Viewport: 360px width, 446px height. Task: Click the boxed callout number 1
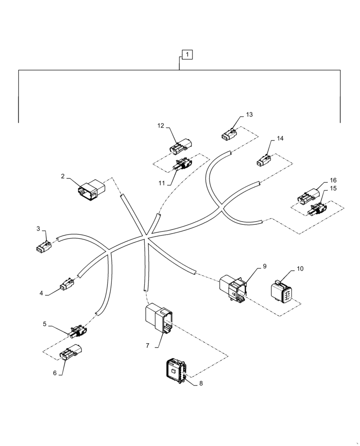(188, 55)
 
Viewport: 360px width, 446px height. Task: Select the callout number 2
(63, 176)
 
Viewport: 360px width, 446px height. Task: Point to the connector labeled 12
(181, 146)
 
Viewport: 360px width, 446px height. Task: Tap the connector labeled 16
(308, 196)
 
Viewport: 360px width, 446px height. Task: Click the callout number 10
(300, 269)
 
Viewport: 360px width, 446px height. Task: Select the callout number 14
(280, 139)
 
